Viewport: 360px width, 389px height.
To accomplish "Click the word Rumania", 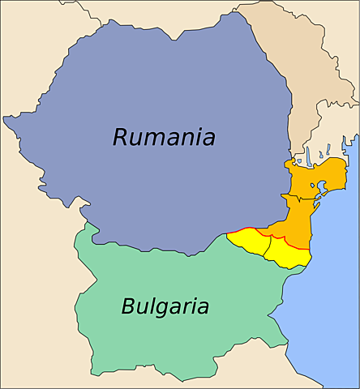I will tap(164, 137).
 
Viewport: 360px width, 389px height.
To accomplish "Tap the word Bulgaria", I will tap(165, 307).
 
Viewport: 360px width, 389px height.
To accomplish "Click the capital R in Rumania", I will tap(121, 137).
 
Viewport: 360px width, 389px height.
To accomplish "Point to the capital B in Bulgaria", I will tap(128, 306).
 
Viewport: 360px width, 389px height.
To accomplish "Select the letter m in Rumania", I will tap(156, 139).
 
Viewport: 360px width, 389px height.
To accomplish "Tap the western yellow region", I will tap(247, 239).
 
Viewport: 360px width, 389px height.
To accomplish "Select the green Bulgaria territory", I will tap(178, 340).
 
